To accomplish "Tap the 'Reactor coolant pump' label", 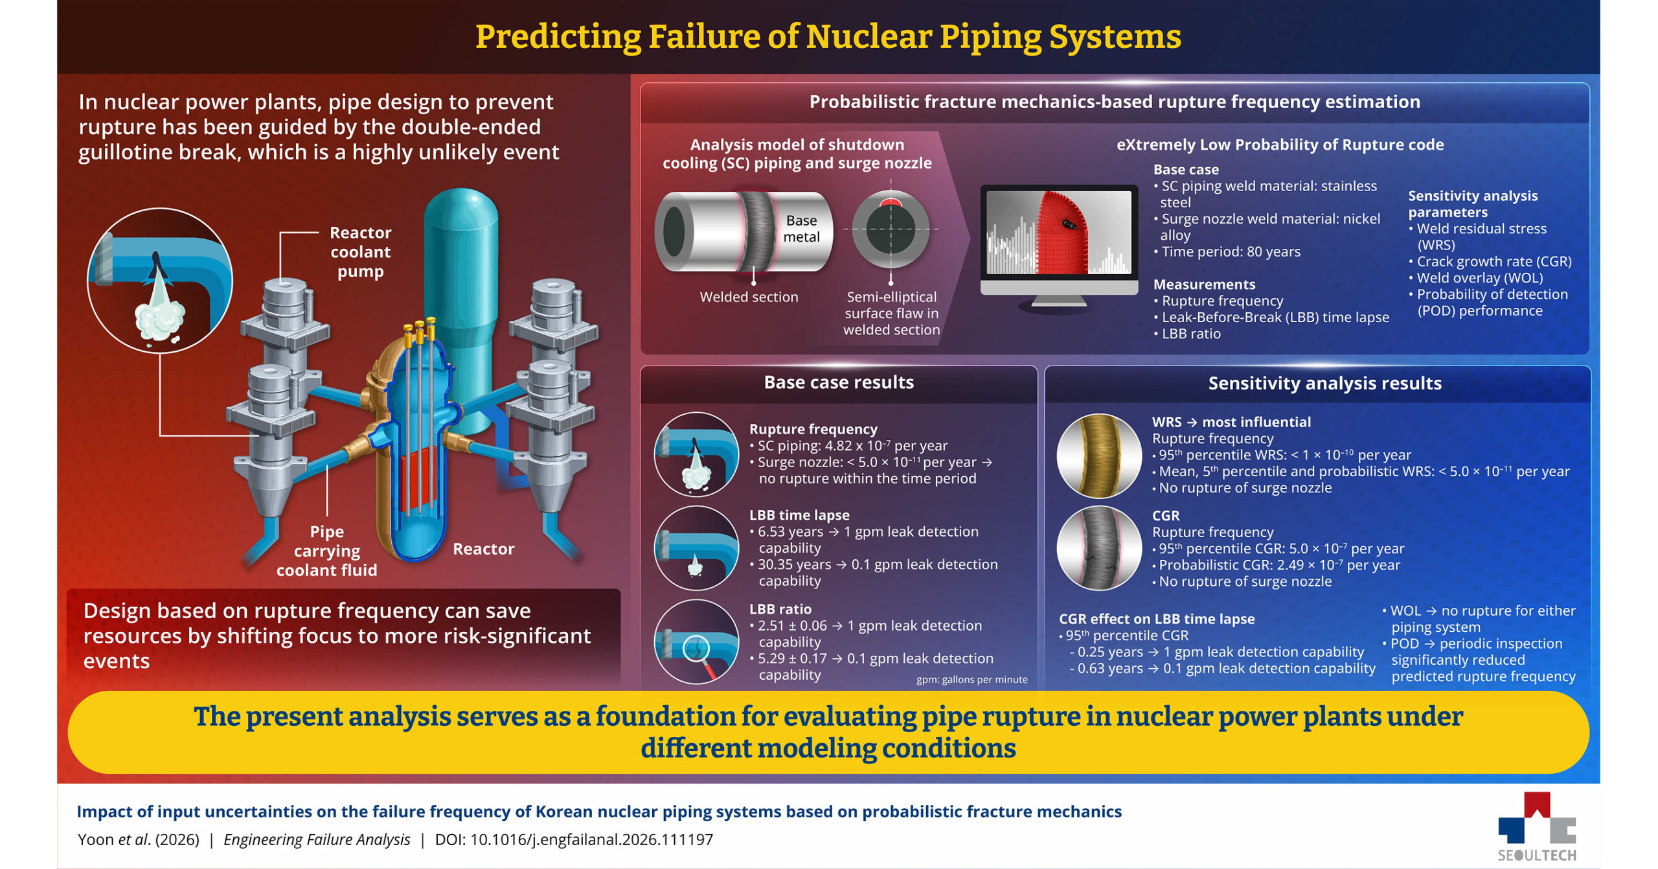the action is click(361, 252).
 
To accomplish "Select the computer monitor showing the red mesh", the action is click(1059, 246).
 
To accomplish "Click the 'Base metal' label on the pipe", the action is click(801, 229).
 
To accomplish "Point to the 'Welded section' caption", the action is click(749, 297).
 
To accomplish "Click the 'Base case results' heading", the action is click(839, 382).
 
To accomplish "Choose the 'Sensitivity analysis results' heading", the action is click(1324, 383).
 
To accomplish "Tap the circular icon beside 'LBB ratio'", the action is click(696, 642).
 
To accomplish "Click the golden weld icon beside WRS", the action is click(1099, 456).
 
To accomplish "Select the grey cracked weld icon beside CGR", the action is click(1099, 548).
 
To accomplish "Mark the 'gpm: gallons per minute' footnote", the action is click(971, 679).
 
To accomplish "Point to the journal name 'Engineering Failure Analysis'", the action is click(317, 840).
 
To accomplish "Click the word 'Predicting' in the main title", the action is click(558, 37).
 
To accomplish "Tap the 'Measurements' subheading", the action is click(1204, 284).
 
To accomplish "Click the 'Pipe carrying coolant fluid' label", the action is click(326, 551).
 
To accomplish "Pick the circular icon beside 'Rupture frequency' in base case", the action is click(696, 454).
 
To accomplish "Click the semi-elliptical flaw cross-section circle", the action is click(891, 229).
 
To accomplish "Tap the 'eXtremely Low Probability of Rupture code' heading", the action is click(1280, 145).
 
